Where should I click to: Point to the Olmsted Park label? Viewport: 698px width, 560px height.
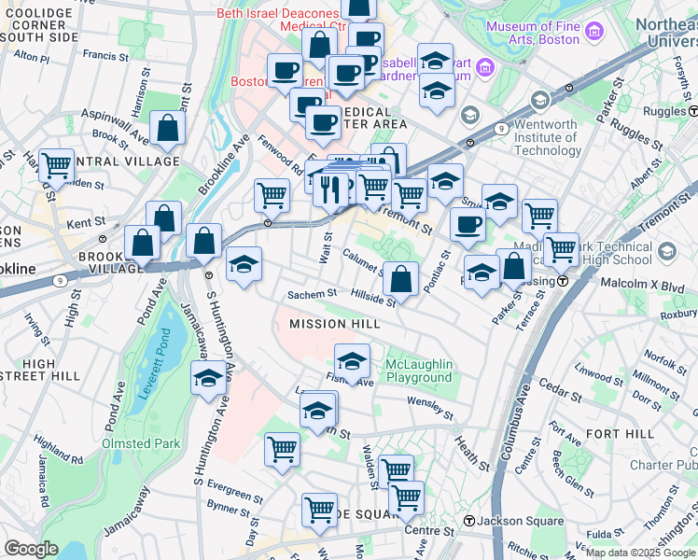tap(141, 443)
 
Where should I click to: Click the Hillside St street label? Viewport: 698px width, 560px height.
tap(373, 298)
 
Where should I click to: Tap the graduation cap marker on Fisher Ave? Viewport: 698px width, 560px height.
tap(352, 362)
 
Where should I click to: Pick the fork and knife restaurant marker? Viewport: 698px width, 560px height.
tap(329, 189)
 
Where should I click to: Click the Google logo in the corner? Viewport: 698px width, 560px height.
tap(31, 549)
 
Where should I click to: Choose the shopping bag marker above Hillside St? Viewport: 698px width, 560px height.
tap(400, 278)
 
